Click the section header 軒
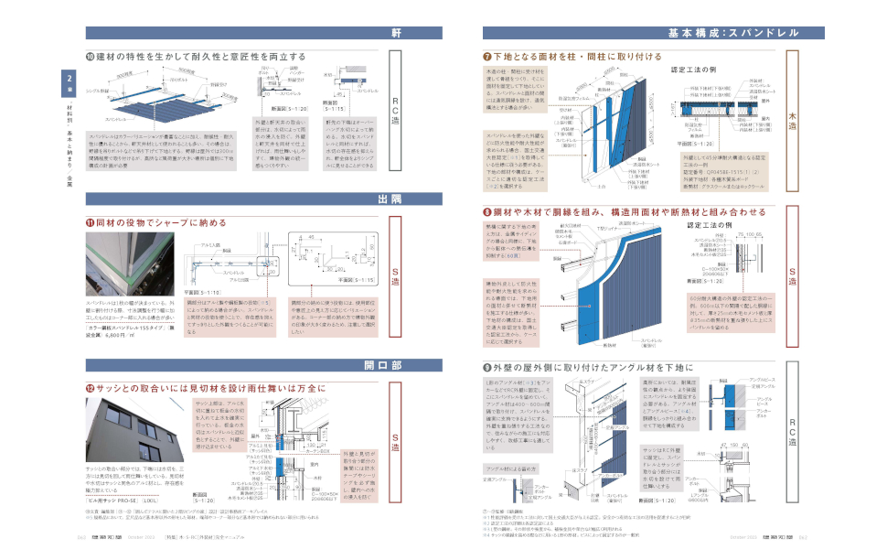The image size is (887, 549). coord(396,33)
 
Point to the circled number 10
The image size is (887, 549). coord(90,57)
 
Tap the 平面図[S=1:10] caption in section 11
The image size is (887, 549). coord(205,291)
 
